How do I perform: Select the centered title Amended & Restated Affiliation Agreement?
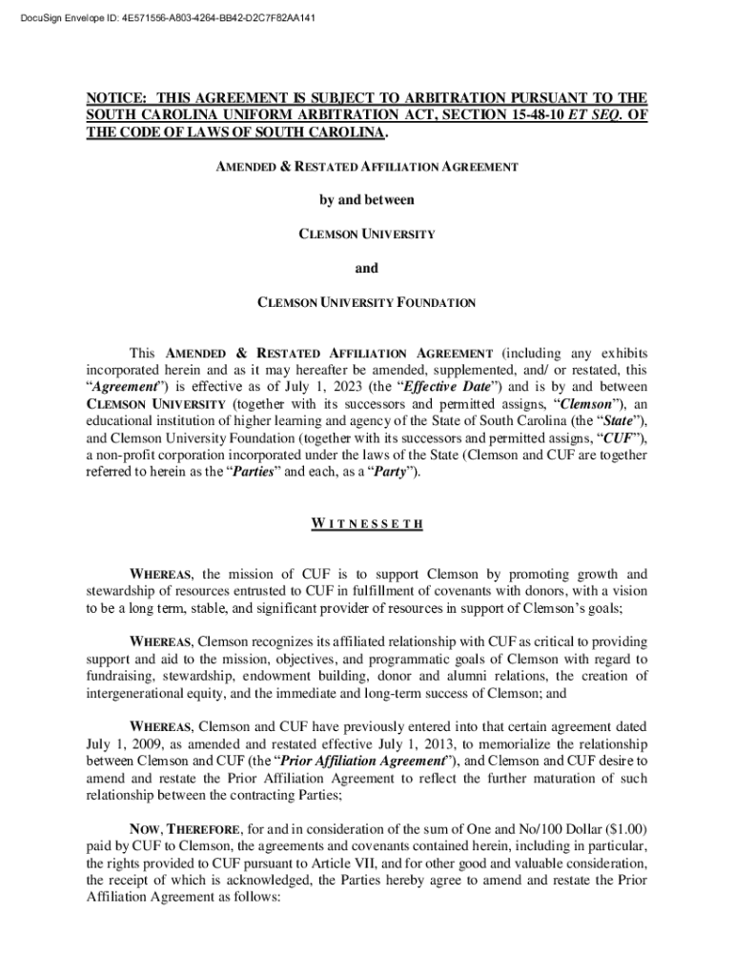coord(367,167)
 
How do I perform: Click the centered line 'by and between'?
coord(367,200)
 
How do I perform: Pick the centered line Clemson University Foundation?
coord(367,303)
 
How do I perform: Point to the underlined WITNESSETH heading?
coord(367,524)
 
